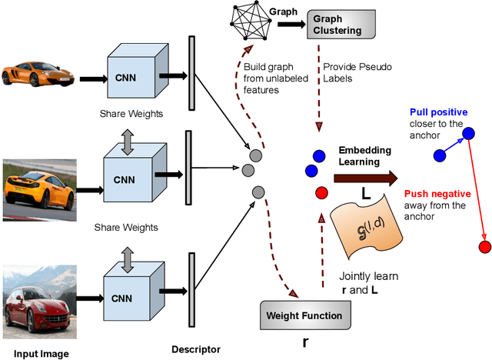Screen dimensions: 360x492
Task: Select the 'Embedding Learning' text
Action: pos(365,155)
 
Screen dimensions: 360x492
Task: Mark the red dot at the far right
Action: pos(484,246)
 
